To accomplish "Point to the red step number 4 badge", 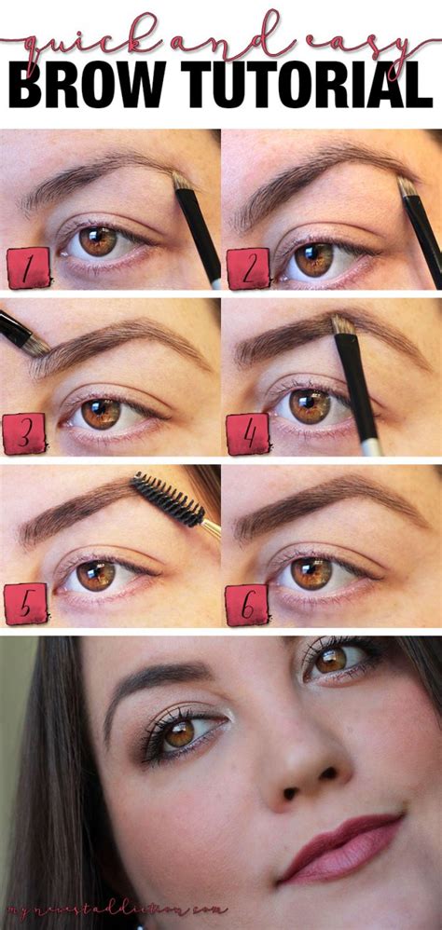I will (x=247, y=435).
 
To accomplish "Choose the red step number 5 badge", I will (x=25, y=604).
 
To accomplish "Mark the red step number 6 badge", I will (x=247, y=604).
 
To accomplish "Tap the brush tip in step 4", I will (x=342, y=324).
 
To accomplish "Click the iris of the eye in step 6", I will (x=311, y=571).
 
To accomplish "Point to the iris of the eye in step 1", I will (x=98, y=240).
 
